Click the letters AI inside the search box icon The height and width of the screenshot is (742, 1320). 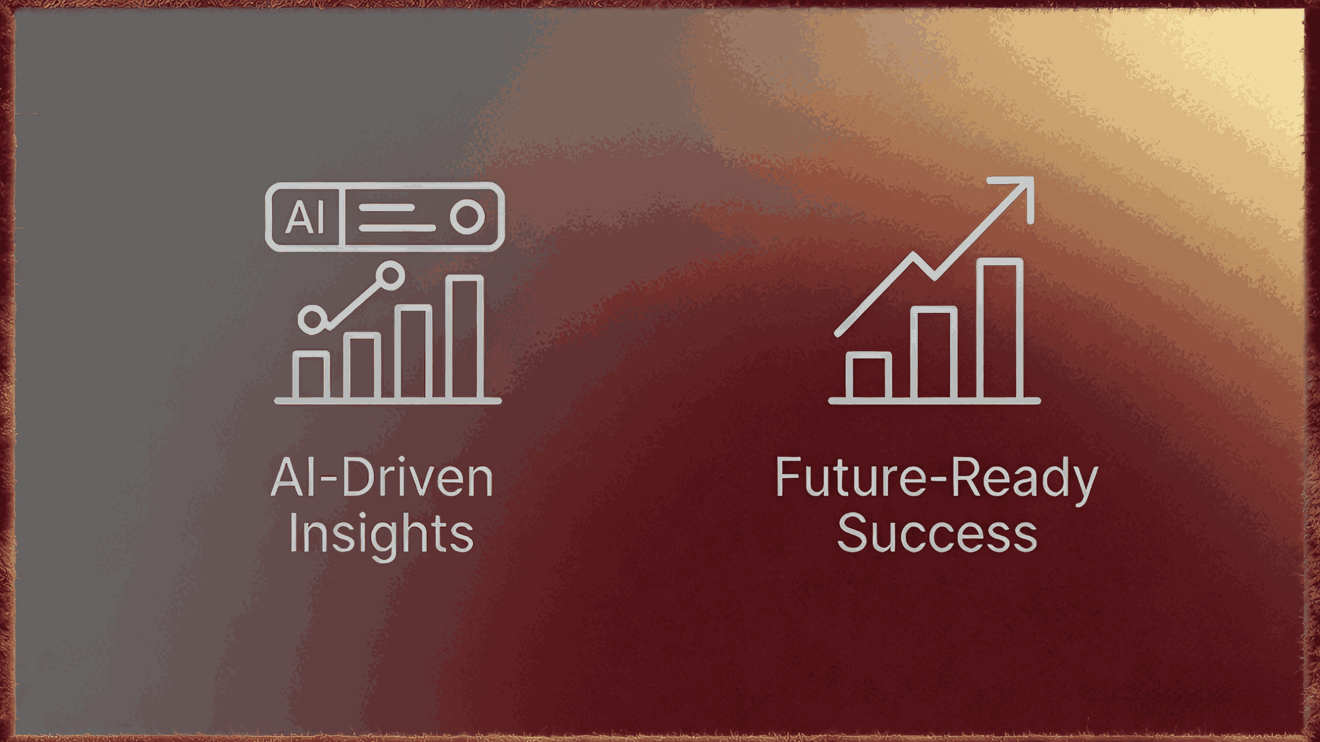pyautogui.click(x=305, y=217)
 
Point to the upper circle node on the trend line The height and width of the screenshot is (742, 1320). pyautogui.click(x=391, y=275)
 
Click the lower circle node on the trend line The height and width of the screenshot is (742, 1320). pyautogui.click(x=311, y=320)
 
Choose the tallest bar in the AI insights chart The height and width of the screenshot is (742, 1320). pyautogui.click(x=464, y=338)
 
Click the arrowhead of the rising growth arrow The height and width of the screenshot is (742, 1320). pyautogui.click(x=1019, y=193)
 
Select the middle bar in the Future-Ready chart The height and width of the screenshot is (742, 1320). pyautogui.click(x=933, y=353)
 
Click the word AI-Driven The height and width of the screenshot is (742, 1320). pyautogui.click(x=382, y=478)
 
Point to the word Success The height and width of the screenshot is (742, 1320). pyautogui.click(x=937, y=534)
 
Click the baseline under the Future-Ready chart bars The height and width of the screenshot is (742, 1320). pyautogui.click(x=934, y=401)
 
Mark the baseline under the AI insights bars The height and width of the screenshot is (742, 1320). pyautogui.click(x=388, y=401)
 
